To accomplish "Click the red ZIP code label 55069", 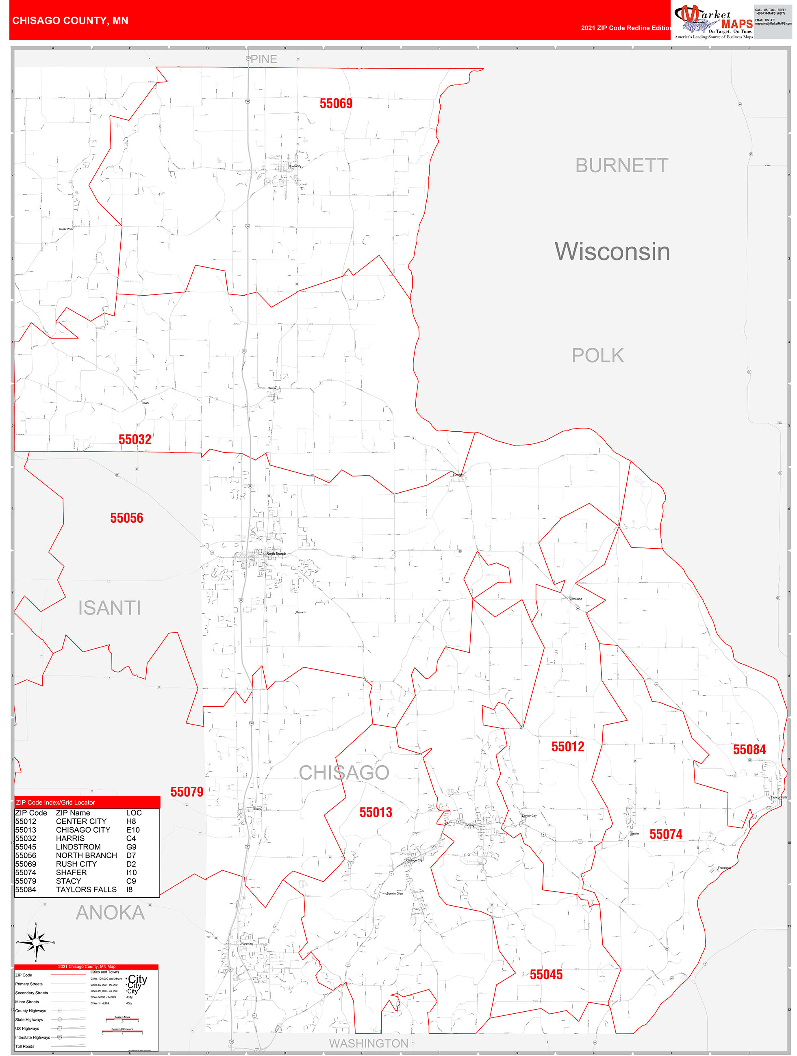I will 336,104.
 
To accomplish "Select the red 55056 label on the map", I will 127,518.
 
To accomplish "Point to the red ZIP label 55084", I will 749,749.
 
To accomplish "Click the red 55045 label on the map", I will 546,975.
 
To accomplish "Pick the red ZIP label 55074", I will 666,834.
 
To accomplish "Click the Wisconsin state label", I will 612,251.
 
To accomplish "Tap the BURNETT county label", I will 621,166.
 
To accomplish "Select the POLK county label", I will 598,356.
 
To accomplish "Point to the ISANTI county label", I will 109,608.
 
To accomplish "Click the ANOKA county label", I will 111,913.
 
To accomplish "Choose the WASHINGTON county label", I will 368,1043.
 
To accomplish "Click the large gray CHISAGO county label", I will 344,773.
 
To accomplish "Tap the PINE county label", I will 264,59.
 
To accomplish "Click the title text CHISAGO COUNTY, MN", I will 70,21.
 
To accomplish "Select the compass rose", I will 36,942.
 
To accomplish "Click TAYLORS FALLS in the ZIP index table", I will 86,889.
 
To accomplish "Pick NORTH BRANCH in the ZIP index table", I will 86,855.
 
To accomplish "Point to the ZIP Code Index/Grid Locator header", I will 55,803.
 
